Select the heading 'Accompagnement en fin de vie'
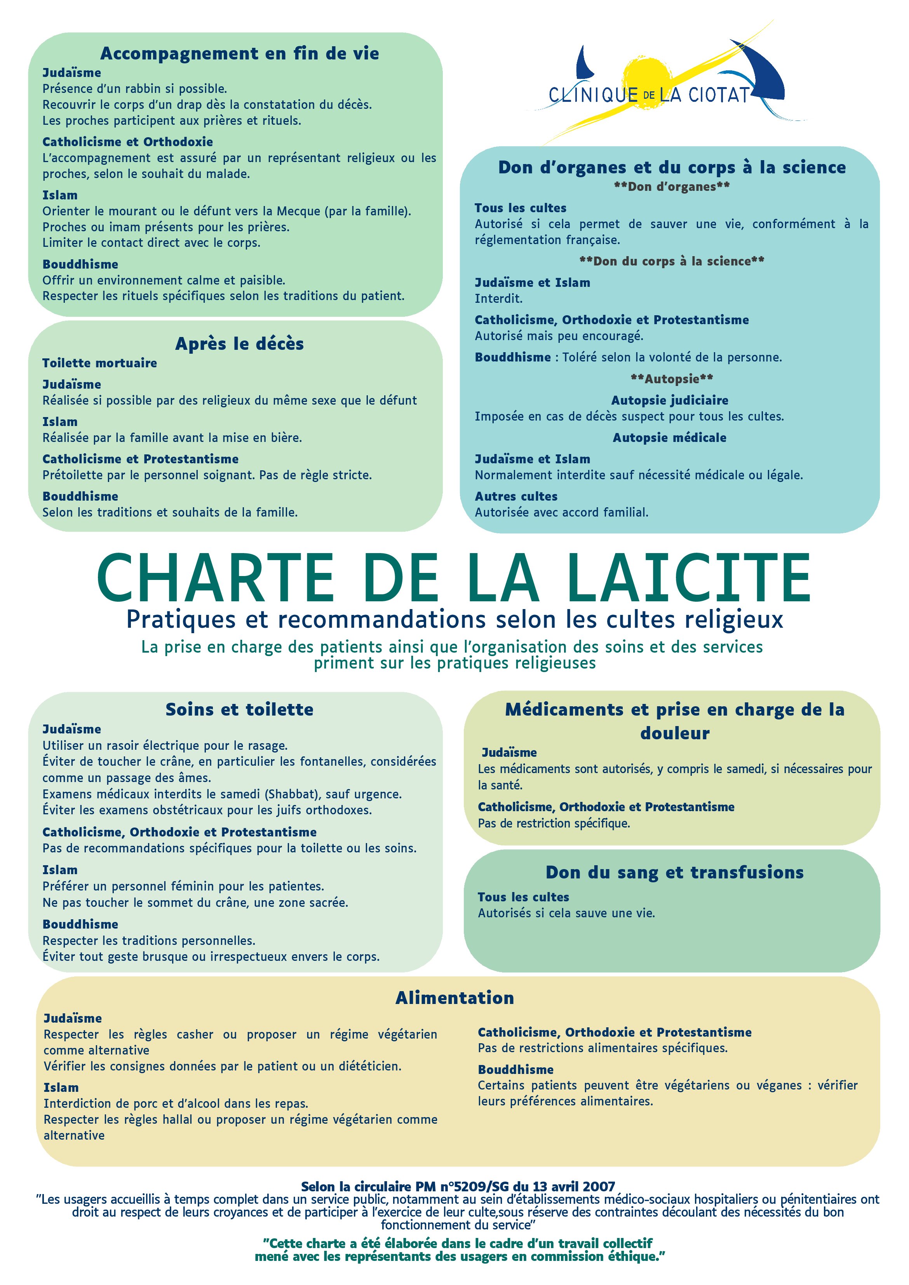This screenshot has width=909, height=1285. (240, 53)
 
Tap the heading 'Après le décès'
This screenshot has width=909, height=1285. (240, 343)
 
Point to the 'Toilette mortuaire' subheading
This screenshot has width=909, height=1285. (99, 363)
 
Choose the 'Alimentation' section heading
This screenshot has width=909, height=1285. (454, 997)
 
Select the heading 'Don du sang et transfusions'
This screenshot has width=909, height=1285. (674, 872)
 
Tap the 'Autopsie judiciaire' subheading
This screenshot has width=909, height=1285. (669, 400)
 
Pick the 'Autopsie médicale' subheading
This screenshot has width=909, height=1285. (669, 437)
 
